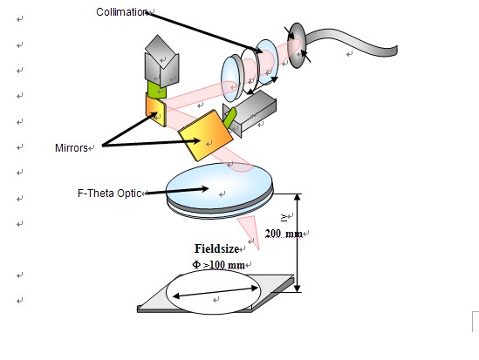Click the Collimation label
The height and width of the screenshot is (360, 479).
(x=122, y=12)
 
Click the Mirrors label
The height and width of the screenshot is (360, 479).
(x=72, y=148)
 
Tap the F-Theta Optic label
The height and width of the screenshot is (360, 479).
(x=110, y=194)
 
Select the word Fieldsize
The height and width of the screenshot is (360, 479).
(x=216, y=248)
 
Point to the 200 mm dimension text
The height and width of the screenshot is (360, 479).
(x=284, y=234)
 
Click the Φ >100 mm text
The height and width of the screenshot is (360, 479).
(x=218, y=264)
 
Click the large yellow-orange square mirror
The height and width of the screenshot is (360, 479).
(x=206, y=135)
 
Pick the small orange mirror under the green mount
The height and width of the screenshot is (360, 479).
(x=156, y=110)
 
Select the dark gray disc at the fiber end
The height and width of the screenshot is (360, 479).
(x=297, y=45)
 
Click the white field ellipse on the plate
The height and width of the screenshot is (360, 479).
(x=214, y=292)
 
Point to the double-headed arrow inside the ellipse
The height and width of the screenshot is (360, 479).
(x=216, y=292)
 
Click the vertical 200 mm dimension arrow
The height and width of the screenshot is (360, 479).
(x=298, y=243)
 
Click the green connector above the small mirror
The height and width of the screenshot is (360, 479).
(x=157, y=90)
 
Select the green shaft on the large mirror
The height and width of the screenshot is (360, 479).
(x=229, y=118)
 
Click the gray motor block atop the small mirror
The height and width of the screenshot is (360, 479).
(x=161, y=61)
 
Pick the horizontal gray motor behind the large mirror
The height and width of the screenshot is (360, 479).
(x=250, y=114)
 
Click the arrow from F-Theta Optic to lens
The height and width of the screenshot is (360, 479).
(x=177, y=191)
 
